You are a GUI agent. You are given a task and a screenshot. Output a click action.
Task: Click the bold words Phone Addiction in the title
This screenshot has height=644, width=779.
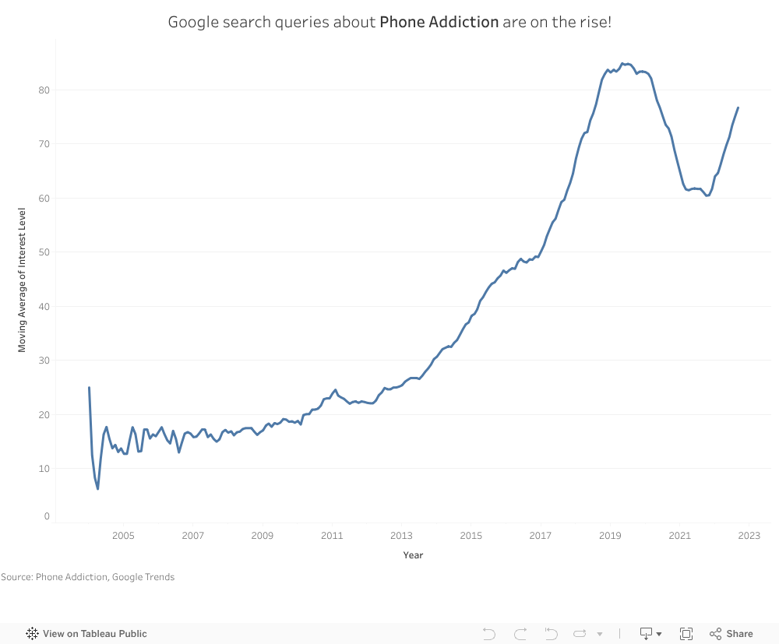click(439, 22)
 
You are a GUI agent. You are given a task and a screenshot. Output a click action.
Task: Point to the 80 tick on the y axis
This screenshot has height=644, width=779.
click(44, 90)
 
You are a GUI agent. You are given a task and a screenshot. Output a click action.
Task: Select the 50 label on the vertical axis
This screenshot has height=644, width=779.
click(44, 252)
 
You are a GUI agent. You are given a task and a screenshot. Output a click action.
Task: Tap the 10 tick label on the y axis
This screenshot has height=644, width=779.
click(44, 469)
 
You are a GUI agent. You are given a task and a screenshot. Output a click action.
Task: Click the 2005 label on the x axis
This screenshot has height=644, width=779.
click(123, 536)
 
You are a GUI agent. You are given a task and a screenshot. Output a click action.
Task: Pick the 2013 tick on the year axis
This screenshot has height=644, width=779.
click(401, 536)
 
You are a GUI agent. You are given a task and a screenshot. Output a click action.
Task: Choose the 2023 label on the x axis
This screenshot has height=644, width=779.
click(749, 536)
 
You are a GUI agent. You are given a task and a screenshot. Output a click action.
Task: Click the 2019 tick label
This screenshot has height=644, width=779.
click(610, 536)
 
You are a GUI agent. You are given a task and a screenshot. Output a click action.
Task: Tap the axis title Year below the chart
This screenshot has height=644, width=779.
click(413, 555)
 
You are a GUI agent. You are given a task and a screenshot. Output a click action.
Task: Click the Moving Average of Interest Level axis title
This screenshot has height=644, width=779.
click(22, 280)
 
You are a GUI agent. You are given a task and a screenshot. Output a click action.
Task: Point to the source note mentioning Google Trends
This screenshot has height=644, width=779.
click(87, 577)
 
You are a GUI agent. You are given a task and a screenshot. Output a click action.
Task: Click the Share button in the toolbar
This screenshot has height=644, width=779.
click(731, 634)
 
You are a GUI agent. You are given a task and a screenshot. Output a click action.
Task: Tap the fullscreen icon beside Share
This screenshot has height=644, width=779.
click(686, 634)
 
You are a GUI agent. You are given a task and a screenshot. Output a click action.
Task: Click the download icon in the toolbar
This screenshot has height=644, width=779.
click(646, 634)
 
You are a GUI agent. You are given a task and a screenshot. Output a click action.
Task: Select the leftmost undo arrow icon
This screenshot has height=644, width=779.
click(489, 634)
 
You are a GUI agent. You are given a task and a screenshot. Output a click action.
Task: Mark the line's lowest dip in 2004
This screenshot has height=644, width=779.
click(97, 489)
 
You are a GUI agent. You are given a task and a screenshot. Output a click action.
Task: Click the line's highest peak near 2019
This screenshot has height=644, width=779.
click(622, 63)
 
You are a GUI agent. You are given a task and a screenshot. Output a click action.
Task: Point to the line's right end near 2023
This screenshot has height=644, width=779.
click(738, 107)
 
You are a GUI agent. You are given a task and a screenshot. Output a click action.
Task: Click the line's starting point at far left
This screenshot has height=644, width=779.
click(89, 387)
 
